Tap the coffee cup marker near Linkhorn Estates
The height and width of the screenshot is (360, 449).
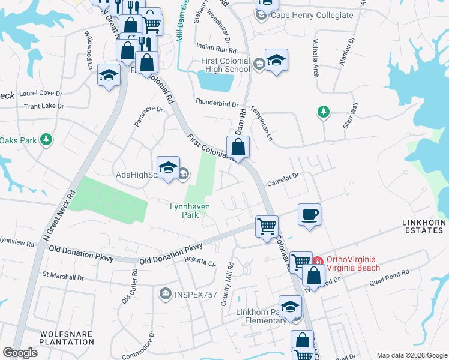(x=309, y=215)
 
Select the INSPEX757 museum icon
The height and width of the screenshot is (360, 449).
(x=164, y=294)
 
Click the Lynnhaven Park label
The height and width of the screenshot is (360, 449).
(x=190, y=210)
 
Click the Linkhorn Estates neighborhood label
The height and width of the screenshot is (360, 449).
(x=424, y=226)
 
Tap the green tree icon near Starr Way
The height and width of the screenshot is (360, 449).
(x=324, y=112)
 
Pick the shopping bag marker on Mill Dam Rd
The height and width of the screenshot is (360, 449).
(x=238, y=147)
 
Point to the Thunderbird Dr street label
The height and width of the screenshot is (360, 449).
(x=215, y=103)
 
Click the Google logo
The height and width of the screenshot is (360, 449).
(x=20, y=353)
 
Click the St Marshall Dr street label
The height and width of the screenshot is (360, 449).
(x=63, y=277)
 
